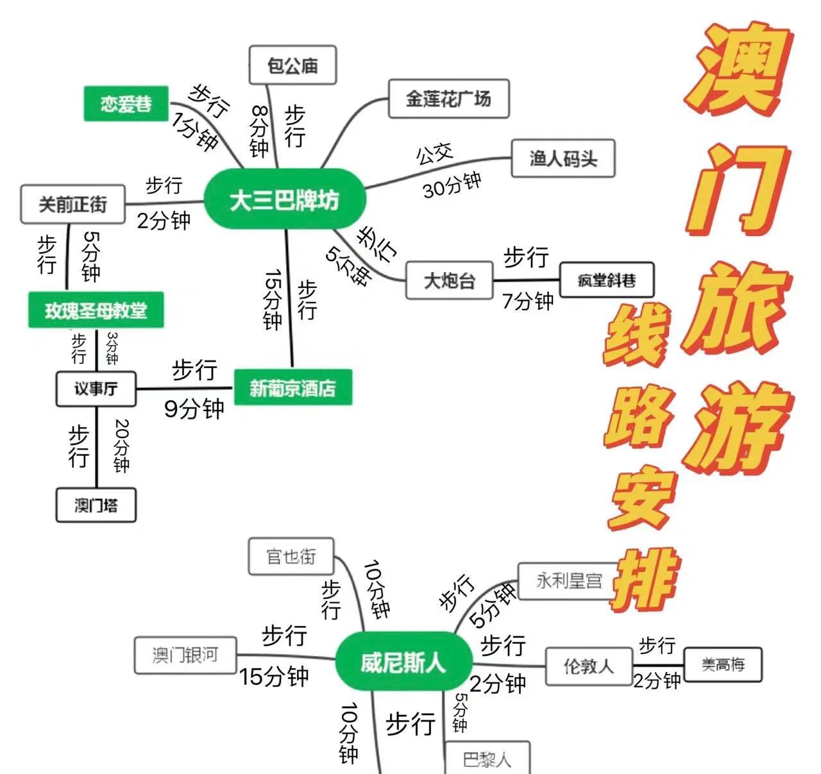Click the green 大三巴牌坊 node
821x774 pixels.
[x=285, y=201]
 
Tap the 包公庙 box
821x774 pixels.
[x=292, y=65]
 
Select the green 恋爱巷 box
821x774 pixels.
[x=126, y=103]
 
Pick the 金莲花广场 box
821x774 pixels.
[x=448, y=99]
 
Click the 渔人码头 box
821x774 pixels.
[x=563, y=158]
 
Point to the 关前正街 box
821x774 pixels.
[x=72, y=205]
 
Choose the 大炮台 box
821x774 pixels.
[x=449, y=280]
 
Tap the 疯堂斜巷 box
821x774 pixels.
[x=607, y=280]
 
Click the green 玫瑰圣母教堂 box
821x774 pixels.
[x=96, y=311]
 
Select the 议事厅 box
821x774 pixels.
[x=96, y=389]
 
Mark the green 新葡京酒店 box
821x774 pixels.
[x=292, y=387]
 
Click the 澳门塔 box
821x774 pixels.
[x=96, y=505]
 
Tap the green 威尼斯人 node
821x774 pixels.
[x=403, y=662]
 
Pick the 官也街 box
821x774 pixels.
[x=291, y=556]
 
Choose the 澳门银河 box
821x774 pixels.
[x=185, y=655]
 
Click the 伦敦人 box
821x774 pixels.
[x=588, y=666]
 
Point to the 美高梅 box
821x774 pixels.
[x=723, y=664]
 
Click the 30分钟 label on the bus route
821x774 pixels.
[x=452, y=185]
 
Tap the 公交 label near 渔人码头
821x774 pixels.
[x=434, y=154]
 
